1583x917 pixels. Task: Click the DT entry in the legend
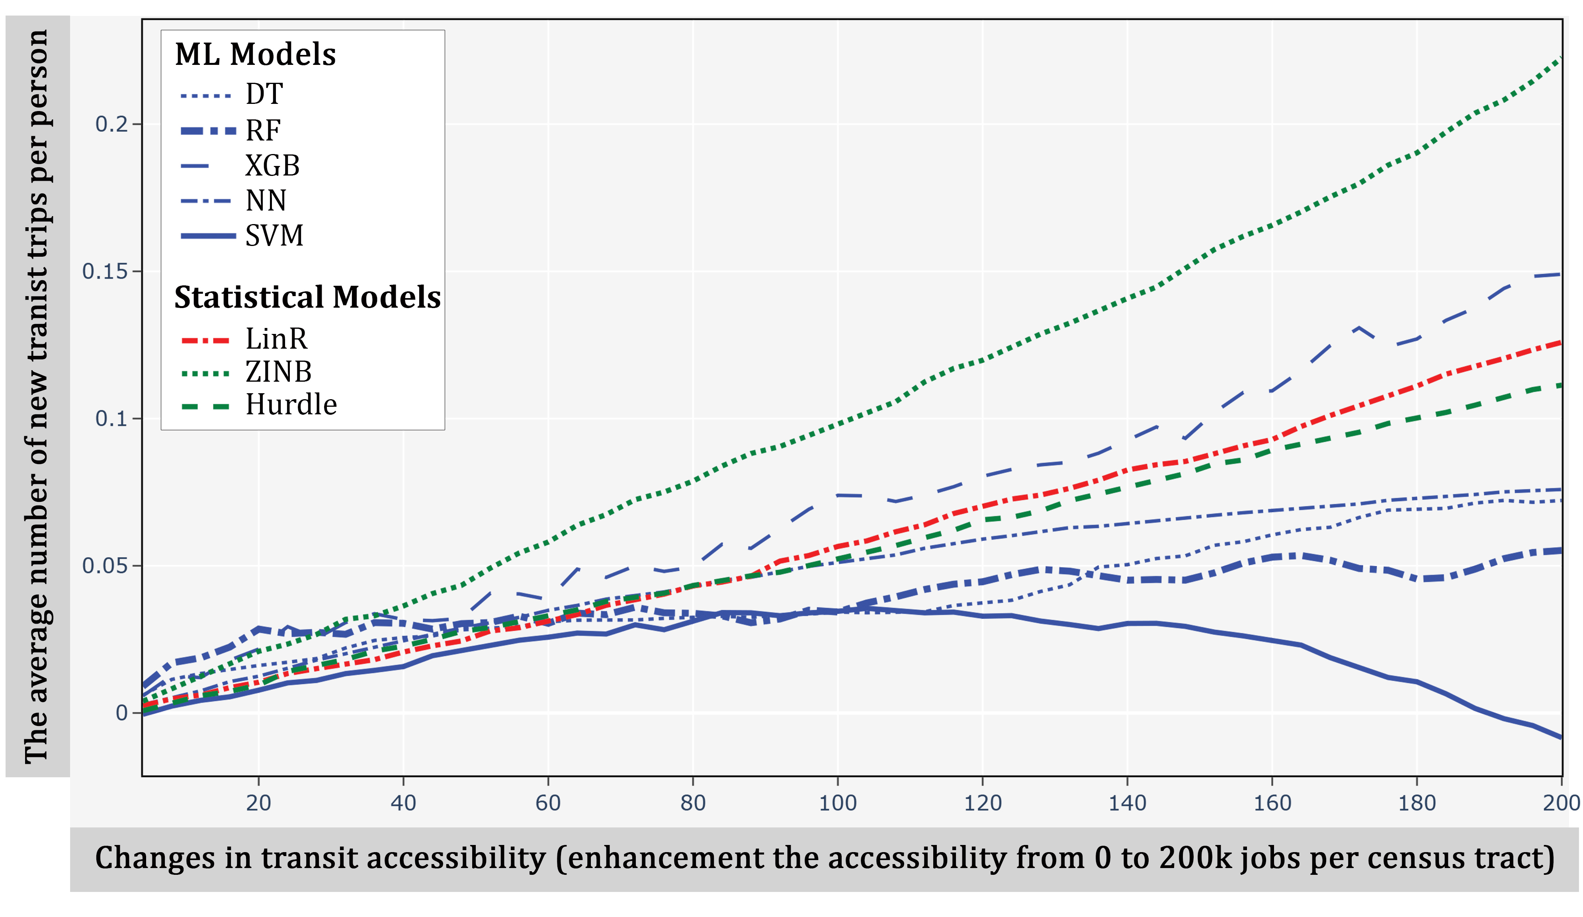click(264, 95)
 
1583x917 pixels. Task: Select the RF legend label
click(263, 131)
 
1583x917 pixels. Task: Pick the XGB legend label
click(272, 166)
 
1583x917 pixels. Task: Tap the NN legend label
click(266, 201)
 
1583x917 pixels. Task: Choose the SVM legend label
click(274, 236)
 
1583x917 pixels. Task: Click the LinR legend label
click(276, 339)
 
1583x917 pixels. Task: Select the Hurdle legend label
click(291, 405)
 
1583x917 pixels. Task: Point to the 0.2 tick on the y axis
click(111, 124)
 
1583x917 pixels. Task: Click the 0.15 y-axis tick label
click(105, 271)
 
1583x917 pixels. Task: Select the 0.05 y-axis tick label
click(105, 565)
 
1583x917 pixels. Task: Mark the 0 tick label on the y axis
click(122, 713)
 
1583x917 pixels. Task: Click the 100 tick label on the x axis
click(837, 803)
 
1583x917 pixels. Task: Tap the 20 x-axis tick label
click(258, 803)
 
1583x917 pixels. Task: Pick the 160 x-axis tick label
click(1272, 803)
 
